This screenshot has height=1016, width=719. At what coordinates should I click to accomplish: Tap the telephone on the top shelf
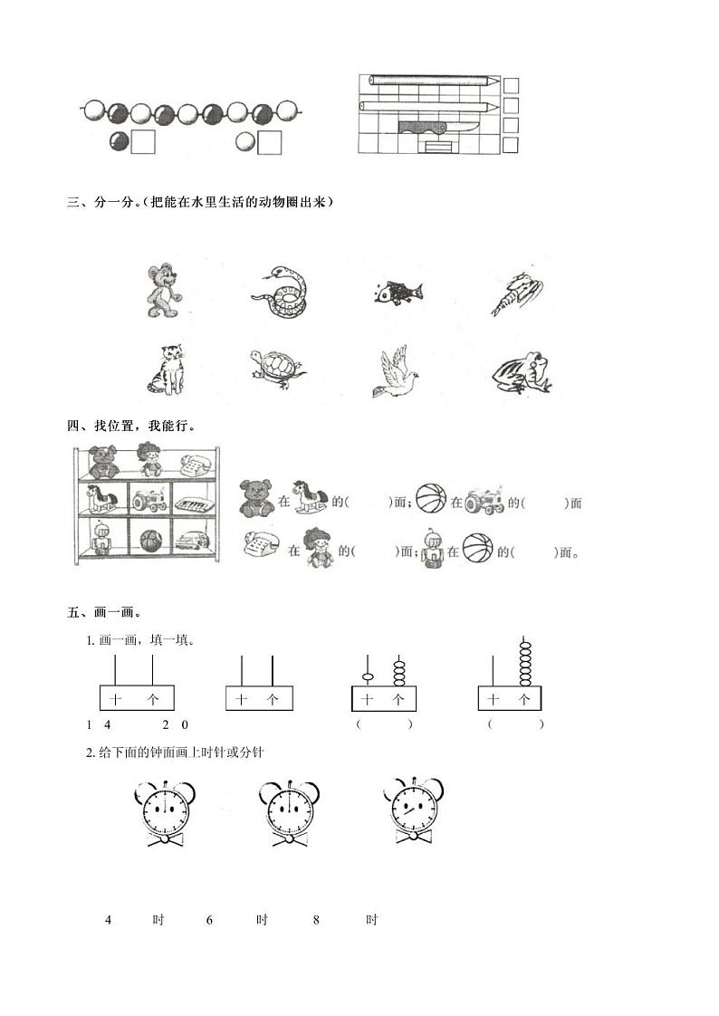pyautogui.click(x=195, y=465)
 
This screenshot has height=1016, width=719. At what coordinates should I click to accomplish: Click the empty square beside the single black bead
pyautogui.click(x=142, y=142)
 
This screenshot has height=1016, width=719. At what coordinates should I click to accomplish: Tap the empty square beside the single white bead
pyautogui.click(x=270, y=142)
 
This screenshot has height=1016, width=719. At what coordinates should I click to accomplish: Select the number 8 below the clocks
pyautogui.click(x=317, y=920)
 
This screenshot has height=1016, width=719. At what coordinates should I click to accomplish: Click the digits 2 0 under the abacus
pyautogui.click(x=175, y=724)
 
